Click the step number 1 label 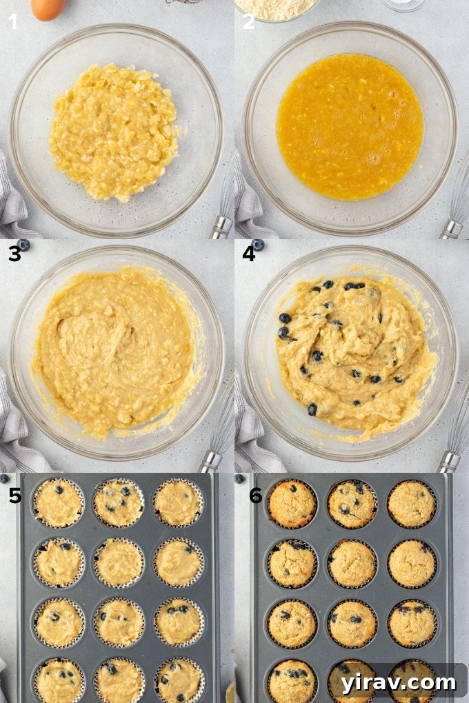[14, 22]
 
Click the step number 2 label [248, 22]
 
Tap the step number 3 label [14, 254]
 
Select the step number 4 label [249, 254]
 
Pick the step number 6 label [256, 495]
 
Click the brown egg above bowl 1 [48, 8]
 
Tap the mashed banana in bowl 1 [114, 131]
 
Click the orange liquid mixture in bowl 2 [350, 127]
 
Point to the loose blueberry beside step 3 [24, 245]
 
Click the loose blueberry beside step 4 [259, 245]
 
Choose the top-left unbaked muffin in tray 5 [58, 502]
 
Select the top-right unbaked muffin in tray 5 [178, 502]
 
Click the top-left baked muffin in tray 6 [292, 504]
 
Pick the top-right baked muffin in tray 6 [412, 504]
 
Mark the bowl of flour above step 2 [277, 8]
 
